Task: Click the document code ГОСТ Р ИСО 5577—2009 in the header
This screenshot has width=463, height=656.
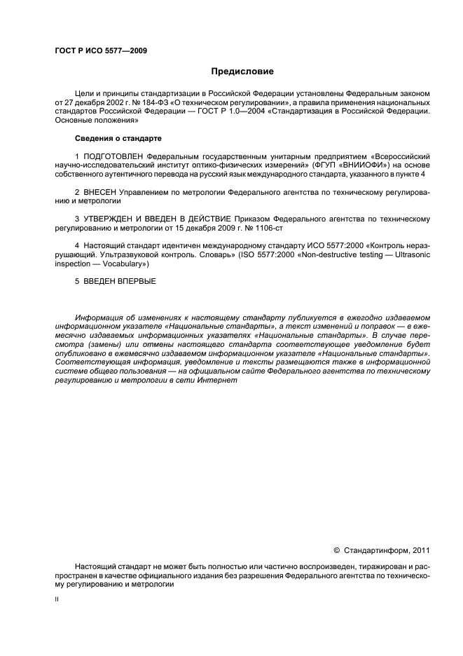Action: click(101, 50)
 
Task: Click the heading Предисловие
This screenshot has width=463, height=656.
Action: click(243, 71)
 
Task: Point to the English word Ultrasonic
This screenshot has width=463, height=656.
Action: click(411, 255)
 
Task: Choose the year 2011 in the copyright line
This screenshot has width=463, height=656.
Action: click(421, 550)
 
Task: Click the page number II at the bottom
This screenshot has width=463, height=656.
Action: click(57, 600)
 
